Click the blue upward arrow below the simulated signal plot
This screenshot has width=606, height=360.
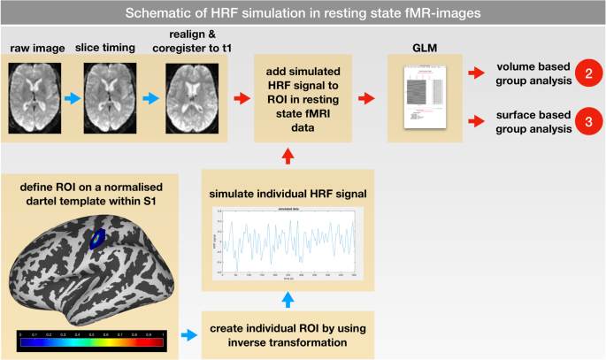(287, 299)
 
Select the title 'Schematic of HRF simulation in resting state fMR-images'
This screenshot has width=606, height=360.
(303, 14)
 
